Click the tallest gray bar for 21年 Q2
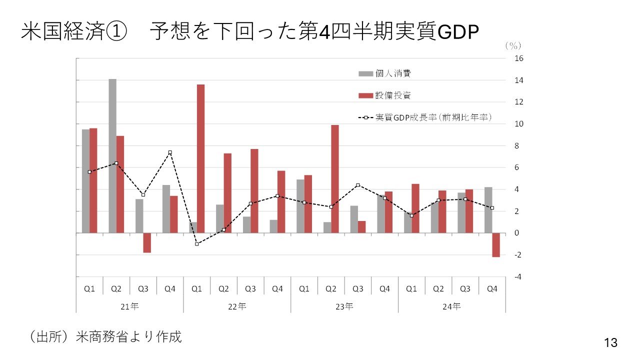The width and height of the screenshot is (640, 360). (x=112, y=155)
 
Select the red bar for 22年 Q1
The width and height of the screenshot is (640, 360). (x=200, y=158)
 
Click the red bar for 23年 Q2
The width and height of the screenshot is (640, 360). (x=334, y=179)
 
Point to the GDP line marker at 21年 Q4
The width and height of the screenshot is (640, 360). (x=170, y=152)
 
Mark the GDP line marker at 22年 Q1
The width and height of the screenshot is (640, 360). (x=197, y=244)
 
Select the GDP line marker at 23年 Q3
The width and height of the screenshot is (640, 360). (x=358, y=185)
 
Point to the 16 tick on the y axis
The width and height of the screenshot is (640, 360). (x=518, y=58)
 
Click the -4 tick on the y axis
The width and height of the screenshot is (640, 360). (x=518, y=277)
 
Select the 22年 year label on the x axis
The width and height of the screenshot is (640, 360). (x=236, y=306)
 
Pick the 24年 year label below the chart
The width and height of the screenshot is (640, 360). (x=451, y=306)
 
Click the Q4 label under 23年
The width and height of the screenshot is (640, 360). (x=384, y=289)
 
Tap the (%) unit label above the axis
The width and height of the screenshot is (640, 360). (x=512, y=45)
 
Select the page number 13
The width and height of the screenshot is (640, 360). (x=610, y=343)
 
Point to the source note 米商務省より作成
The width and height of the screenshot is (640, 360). (x=128, y=337)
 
